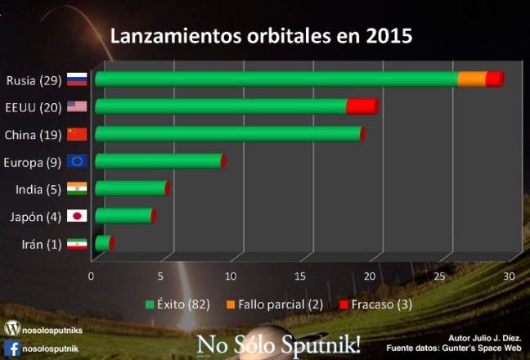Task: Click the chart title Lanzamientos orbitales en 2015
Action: tap(261, 37)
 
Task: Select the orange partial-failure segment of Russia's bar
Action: tap(471, 79)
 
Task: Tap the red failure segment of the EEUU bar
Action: tap(360, 106)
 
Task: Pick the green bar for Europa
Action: tap(158, 161)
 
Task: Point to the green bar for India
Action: tap(130, 188)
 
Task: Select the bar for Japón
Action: tap(123, 215)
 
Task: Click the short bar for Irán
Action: tap(102, 243)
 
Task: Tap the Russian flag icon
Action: tap(77, 80)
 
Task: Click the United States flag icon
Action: tap(77, 106)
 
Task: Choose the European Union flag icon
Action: tap(77, 161)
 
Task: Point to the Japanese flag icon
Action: tap(77, 215)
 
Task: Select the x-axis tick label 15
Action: tap(301, 276)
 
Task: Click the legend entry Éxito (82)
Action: tap(178, 304)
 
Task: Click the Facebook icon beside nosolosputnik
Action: tap(11, 347)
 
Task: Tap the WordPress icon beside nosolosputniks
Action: tap(11, 328)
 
